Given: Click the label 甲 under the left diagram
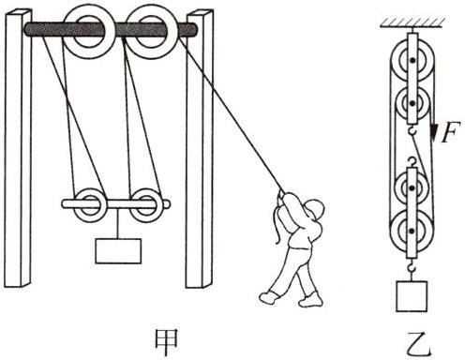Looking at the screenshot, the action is tap(167, 343).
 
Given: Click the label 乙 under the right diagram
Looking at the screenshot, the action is tap(418, 343).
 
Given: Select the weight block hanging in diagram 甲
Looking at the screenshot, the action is tap(118, 251).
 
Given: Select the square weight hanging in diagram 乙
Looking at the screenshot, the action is tap(412, 296).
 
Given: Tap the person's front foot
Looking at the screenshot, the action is tap(269, 297).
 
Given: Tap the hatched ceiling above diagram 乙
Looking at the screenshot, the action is tap(412, 23).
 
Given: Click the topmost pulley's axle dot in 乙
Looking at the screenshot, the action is tap(412, 60).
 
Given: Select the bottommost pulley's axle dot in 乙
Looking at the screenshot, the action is tap(412, 231).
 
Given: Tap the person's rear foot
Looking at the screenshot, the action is tap(310, 299).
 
